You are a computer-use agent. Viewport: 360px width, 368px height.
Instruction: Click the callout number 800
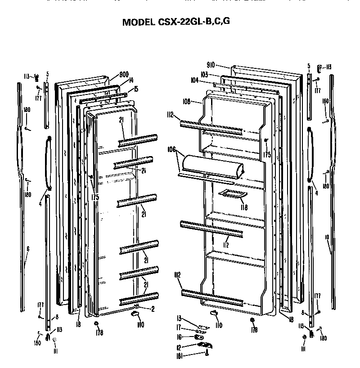coord(124,75)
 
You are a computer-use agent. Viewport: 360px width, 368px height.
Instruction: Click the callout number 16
coord(180,337)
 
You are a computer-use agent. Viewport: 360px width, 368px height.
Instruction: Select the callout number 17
coord(180,327)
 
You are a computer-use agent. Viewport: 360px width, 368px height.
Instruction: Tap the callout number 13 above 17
coord(179,318)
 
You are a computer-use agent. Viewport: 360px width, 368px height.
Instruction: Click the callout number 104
coord(194,80)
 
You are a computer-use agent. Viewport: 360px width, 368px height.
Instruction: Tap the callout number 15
coord(136,89)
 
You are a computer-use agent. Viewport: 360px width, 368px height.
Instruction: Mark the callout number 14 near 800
coord(131,81)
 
